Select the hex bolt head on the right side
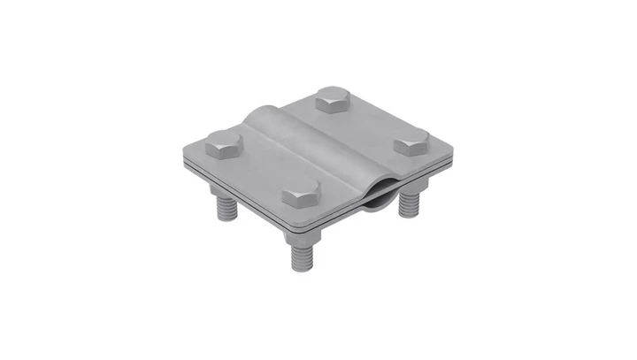(411, 142)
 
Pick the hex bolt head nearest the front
(302, 195)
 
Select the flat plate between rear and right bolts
(376, 124)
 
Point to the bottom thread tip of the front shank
(298, 268)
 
